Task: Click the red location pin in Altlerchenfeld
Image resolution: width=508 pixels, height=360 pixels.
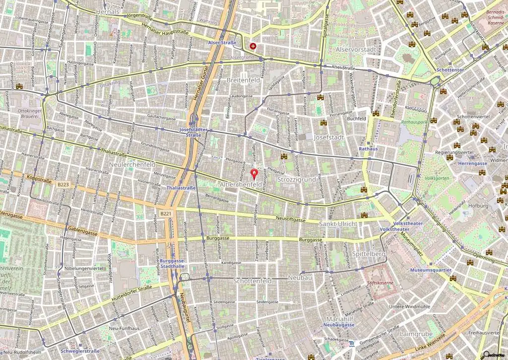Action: (255, 174)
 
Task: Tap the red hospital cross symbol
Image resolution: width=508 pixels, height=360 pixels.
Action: (254, 46)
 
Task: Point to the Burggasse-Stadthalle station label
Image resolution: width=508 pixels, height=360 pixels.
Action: (173, 263)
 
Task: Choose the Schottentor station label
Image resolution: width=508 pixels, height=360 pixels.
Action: (450, 70)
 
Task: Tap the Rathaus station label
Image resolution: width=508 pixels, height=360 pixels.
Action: (368, 149)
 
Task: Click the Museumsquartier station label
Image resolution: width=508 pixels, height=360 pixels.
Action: (431, 270)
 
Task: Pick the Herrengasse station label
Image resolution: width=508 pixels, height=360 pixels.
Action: (472, 163)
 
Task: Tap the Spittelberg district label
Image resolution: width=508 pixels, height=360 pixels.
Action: (369, 254)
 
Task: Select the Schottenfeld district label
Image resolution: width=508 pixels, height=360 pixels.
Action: (253, 281)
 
